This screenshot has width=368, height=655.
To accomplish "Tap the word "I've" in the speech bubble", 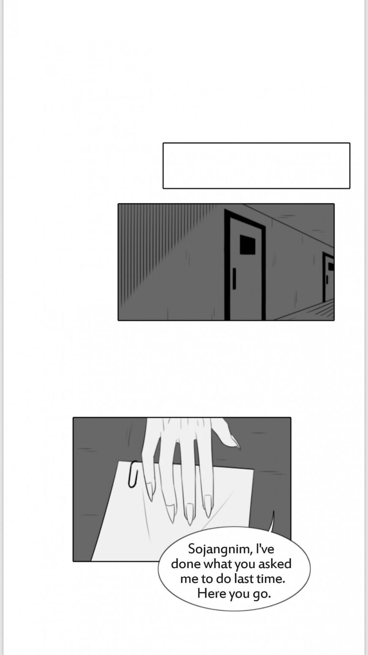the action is click(x=265, y=549).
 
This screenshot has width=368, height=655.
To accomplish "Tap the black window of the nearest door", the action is click(x=247, y=244).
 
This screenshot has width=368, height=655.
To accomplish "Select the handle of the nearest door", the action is click(x=234, y=278).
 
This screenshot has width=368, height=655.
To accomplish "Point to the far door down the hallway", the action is click(x=328, y=278).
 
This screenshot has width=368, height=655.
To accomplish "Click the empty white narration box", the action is click(x=256, y=166).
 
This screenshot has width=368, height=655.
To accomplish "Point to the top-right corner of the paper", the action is click(x=253, y=469).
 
